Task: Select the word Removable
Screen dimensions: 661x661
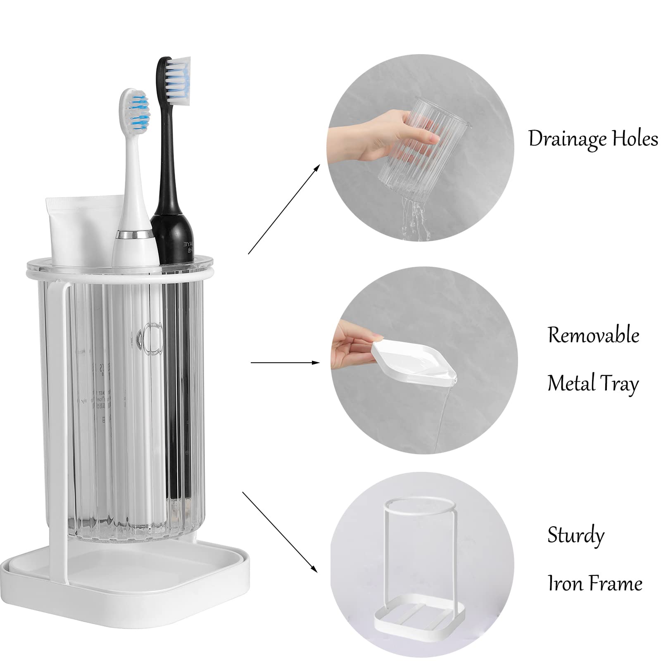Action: point(593,335)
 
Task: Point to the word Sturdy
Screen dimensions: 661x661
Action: point(576,536)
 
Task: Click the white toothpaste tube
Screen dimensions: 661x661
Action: point(81,231)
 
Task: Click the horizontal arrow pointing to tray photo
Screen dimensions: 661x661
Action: point(285,363)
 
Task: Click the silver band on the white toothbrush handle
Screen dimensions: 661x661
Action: point(133,235)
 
